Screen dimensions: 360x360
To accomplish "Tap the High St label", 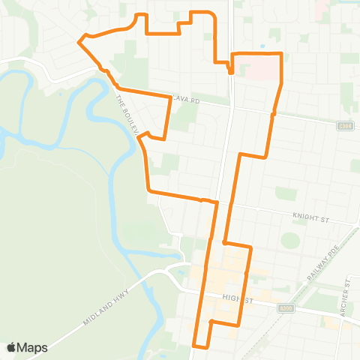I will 235,298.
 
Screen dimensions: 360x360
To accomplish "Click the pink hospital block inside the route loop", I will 256,70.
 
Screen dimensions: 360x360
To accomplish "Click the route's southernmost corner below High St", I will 195,346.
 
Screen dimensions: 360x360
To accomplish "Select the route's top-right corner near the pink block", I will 280,54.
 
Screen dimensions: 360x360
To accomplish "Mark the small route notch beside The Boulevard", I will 150,136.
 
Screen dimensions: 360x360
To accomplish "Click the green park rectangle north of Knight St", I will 286,193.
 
